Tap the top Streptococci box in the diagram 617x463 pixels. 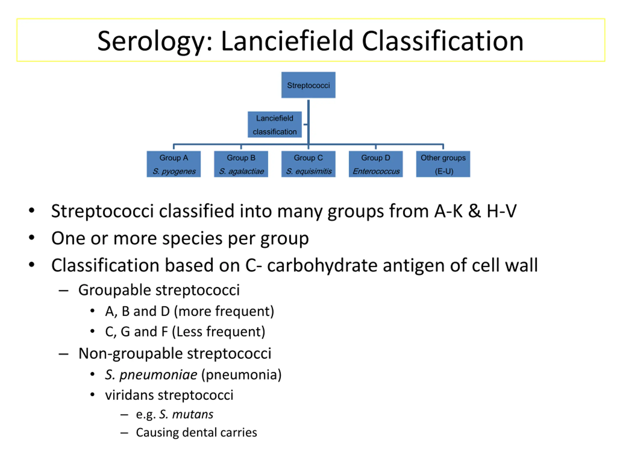308,85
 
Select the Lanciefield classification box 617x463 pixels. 275,124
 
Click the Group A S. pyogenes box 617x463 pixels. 174,164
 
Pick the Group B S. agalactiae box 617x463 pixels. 241,164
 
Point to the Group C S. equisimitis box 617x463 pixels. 308,164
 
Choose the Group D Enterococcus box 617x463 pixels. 376,164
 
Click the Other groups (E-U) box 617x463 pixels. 443,164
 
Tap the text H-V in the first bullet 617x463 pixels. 502,211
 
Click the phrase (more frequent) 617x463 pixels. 224,311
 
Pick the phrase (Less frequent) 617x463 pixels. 218,332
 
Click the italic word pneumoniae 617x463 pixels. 158,375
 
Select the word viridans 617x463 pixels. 129,395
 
